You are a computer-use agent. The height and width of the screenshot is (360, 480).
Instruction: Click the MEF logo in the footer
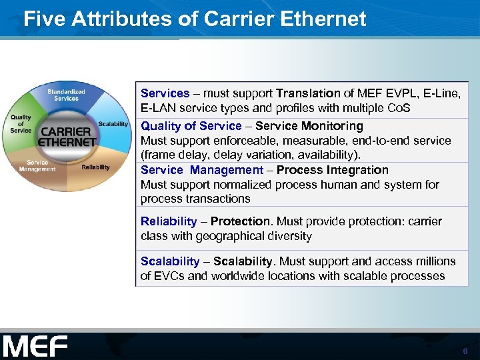pos(35,346)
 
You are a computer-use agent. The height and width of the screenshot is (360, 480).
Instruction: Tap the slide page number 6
pos(465,351)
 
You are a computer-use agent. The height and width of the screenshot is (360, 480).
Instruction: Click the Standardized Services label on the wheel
pos(66,95)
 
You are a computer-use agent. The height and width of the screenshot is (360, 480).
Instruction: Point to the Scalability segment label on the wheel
pos(113,124)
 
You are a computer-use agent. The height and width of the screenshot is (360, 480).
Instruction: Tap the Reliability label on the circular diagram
pos(95,167)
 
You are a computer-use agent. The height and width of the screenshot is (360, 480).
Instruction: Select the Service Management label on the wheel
pos(37,165)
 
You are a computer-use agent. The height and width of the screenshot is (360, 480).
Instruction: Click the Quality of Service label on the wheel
pos(21,124)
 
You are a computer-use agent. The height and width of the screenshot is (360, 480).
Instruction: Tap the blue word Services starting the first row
pos(165,93)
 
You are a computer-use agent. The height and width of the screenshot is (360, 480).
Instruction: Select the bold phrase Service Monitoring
pos(309,126)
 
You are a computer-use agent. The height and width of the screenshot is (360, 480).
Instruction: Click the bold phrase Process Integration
pos(332,170)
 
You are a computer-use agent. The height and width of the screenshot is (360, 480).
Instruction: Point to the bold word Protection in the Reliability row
pos(241,221)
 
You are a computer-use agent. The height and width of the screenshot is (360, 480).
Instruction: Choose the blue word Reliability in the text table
pos(169,221)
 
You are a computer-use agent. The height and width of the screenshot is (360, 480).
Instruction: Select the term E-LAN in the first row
pos(156,108)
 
